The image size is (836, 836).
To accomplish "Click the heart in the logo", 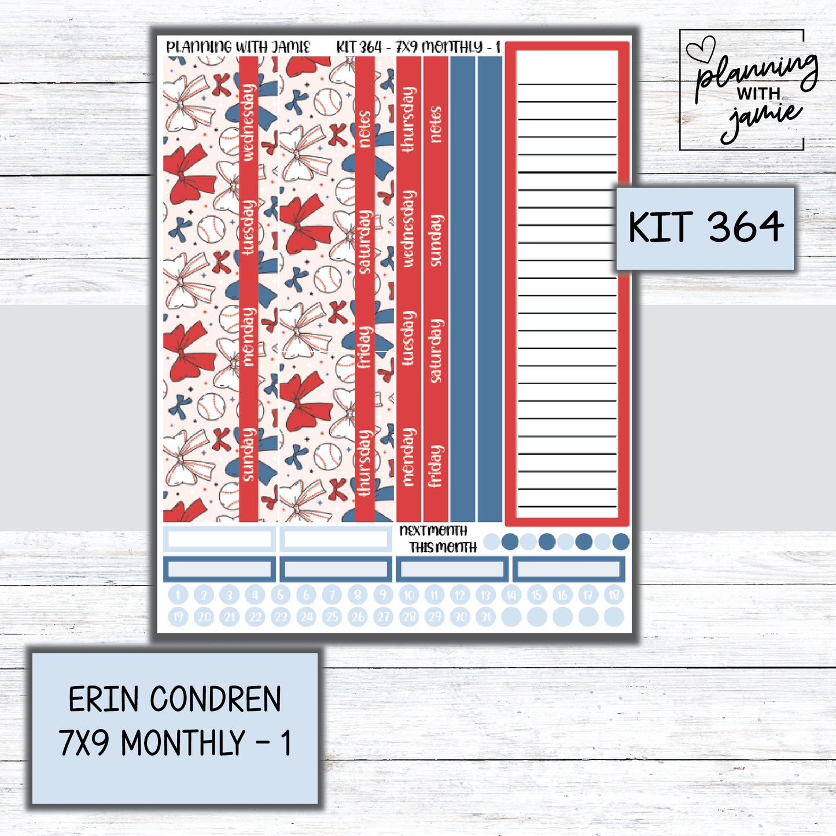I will pos(700,48).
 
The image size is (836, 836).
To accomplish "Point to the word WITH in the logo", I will pos(758,94).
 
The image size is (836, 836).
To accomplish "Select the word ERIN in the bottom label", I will pos(103,699).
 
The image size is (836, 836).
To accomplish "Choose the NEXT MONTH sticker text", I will pos(433,531).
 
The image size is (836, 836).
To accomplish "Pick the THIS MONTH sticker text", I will pos(443,547).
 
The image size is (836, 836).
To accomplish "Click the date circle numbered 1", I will pos(178,595).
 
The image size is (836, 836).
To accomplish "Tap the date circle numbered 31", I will pos(486,617).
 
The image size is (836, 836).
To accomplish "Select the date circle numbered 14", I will pos(511,595).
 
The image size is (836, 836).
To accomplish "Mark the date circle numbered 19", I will pos(178,617).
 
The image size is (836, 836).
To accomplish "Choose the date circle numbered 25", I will pos(332,617).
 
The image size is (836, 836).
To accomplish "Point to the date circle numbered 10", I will pos(409,595).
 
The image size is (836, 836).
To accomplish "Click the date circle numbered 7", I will pos(332,595).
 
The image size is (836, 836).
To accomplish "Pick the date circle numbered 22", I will pos(255,617).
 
